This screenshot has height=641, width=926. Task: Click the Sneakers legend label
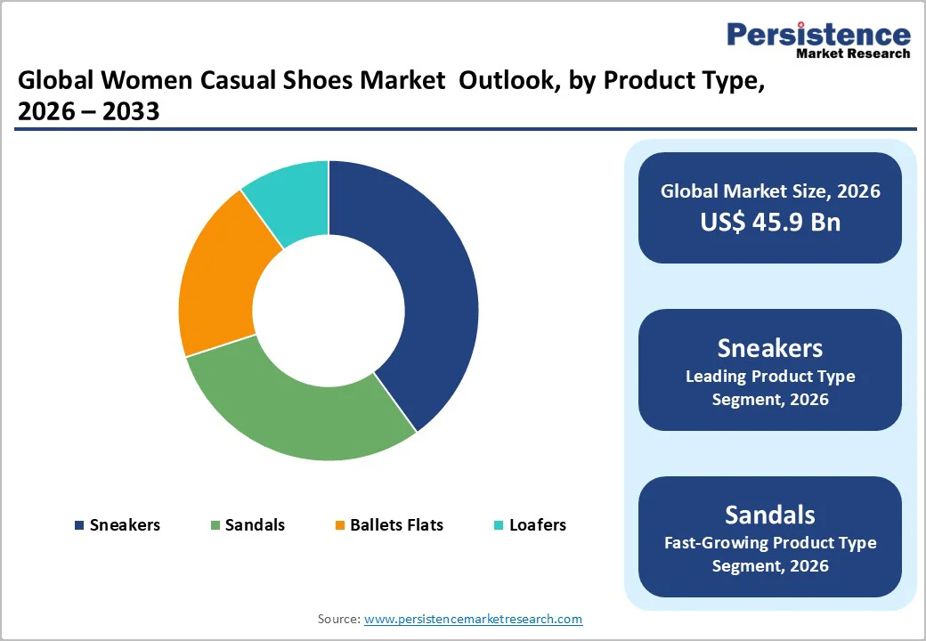pos(125,524)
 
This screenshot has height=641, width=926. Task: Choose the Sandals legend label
pos(255,524)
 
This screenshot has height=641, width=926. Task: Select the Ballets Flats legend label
pos(396,524)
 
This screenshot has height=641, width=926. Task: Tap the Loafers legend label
pos(537,524)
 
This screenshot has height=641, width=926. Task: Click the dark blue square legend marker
pos(79,525)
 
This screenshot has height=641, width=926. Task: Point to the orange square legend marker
pos(339,525)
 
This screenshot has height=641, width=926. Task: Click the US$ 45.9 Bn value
pos(769,222)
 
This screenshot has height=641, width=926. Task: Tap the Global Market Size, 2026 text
pos(769,191)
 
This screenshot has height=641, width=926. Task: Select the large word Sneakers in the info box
pos(769,347)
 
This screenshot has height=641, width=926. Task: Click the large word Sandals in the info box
pos(769,515)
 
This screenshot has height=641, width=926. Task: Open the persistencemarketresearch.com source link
pos(473,619)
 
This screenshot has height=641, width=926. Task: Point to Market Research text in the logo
pos(852,53)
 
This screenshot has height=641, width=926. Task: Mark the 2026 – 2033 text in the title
pos(88,112)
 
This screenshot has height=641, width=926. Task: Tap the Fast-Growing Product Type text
pos(769,542)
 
